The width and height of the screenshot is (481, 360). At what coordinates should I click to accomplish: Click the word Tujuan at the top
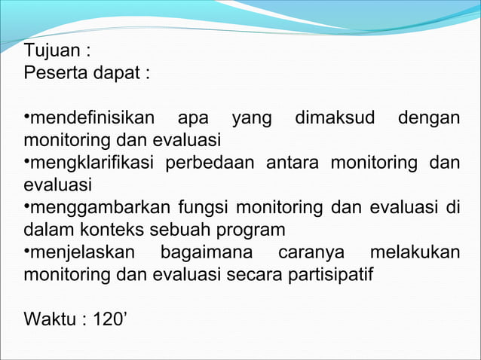tap(51, 53)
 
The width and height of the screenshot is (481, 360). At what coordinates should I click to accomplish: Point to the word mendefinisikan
tap(93, 118)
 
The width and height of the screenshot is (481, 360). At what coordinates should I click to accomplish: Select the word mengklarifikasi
tap(92, 163)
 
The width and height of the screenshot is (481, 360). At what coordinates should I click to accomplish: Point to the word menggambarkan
tap(97, 207)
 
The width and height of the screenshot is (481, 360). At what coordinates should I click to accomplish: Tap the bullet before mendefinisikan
tap(26, 117)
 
